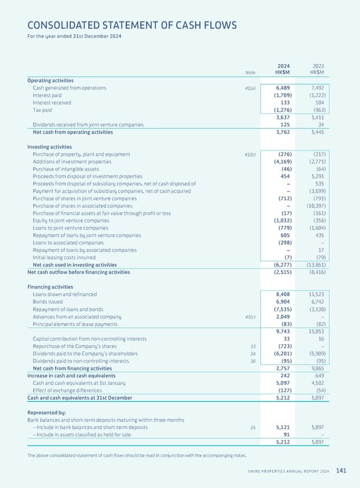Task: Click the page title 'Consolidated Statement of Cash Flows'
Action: tap(132, 25)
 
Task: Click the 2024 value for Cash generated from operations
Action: tap(283, 88)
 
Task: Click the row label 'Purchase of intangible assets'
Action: tap(69, 169)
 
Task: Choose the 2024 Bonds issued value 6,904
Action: tap(283, 302)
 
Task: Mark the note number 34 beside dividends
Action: tap(253, 354)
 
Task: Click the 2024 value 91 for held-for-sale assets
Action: tap(287, 435)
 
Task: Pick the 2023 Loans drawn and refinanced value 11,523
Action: tap(316, 294)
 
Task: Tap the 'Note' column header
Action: tap(250, 73)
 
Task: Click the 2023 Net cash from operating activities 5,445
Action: tap(316, 132)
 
